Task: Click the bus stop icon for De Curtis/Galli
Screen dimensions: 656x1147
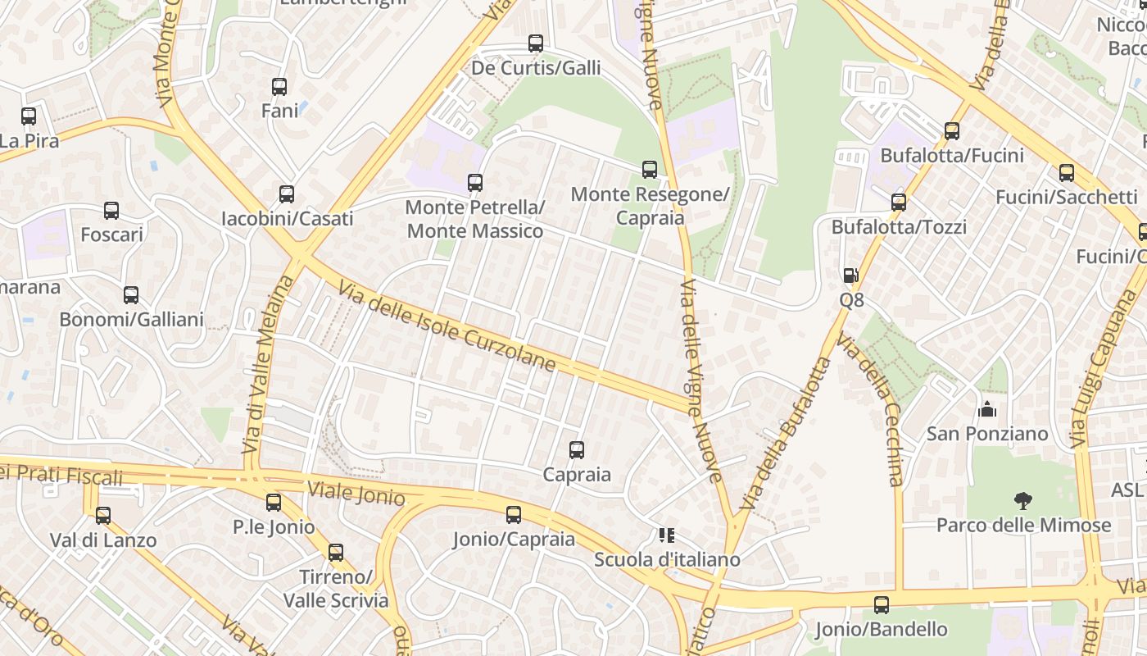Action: pos(536,43)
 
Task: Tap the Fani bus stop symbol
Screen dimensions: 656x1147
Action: pos(279,86)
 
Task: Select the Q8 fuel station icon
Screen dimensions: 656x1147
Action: pos(851,276)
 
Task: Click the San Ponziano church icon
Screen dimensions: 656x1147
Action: pos(987,408)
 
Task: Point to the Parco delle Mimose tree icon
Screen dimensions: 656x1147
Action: pos(1022,500)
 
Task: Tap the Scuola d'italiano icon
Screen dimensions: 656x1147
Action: pos(667,535)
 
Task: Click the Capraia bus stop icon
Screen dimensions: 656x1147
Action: pos(577,449)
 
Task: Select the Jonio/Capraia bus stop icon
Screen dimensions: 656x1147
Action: pos(514,515)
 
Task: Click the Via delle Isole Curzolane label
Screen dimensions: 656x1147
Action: pos(447,326)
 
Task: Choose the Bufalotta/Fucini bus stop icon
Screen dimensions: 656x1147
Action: pos(952,130)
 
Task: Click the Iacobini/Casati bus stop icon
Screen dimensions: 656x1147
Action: pos(287,194)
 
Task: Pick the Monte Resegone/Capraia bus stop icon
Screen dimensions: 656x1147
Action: pos(650,170)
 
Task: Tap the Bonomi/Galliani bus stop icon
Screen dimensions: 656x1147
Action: pos(131,295)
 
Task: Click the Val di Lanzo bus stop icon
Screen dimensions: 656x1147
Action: pos(103,516)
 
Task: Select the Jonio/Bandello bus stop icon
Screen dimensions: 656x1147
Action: pos(882,605)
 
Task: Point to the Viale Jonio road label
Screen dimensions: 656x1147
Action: pos(356,494)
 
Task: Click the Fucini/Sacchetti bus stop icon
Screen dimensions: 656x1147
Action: pos(1067,173)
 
